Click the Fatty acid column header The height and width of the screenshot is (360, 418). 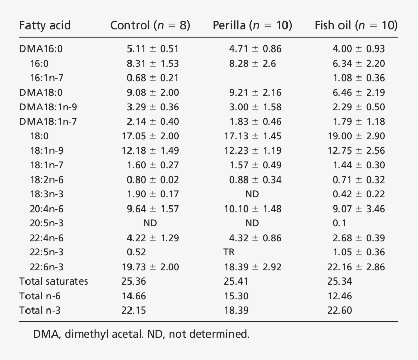tap(45, 25)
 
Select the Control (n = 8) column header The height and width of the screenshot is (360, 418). tap(150, 25)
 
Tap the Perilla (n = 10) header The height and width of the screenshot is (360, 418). tap(252, 25)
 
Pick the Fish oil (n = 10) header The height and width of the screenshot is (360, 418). tap(356, 25)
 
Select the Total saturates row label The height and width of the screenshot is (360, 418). tap(54, 281)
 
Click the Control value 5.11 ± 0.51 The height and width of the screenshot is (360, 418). tap(153, 49)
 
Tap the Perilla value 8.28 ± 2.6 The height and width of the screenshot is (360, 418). tap(252, 64)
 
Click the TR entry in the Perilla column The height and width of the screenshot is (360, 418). tap(230, 252)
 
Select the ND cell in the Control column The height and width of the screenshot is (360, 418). tap(150, 223)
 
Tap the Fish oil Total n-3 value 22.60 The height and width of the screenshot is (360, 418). tap(339, 310)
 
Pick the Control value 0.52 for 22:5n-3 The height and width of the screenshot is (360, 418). tap(136, 252)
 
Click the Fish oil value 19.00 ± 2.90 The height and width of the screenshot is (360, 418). tap(356, 136)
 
